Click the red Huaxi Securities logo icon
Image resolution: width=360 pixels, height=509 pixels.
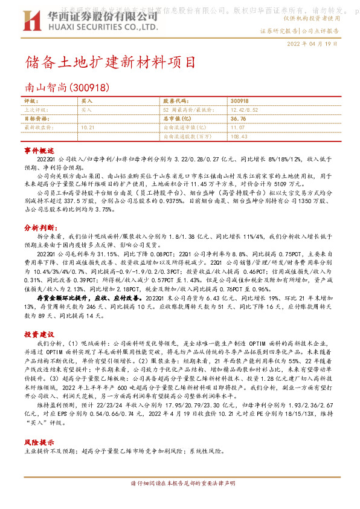[x=30, y=21]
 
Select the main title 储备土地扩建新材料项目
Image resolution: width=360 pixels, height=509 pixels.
[x=111, y=62]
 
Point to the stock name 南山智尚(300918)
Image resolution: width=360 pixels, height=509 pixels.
[x=67, y=88]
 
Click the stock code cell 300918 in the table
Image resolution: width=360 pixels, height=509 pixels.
[x=239, y=101]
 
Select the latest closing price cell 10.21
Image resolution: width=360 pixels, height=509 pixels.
[x=88, y=128]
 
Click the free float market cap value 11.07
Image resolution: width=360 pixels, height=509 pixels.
[x=237, y=128]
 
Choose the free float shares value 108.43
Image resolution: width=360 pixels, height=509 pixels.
[x=239, y=137]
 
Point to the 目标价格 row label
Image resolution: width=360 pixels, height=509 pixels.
[x=35, y=119]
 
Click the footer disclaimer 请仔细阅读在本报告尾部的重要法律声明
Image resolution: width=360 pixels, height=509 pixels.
[x=179, y=483]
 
